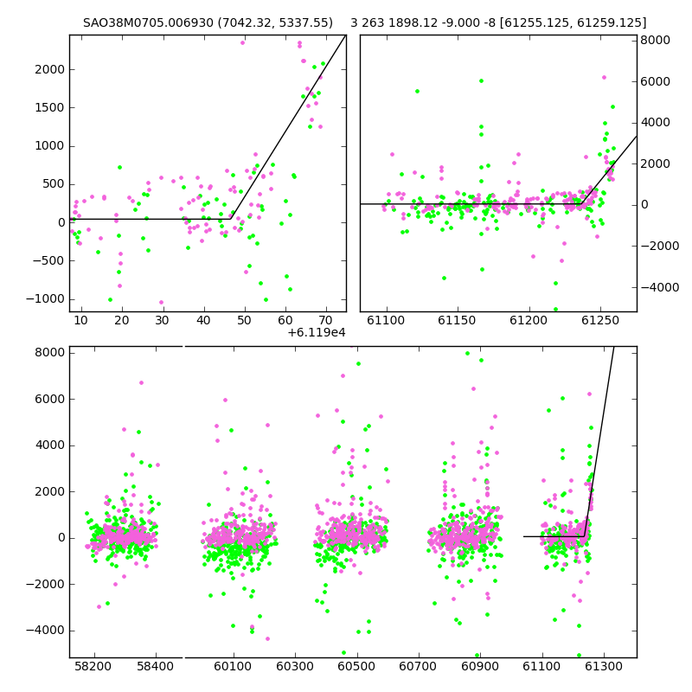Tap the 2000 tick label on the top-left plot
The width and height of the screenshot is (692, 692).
click(x=50, y=70)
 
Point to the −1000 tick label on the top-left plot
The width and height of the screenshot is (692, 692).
click(x=46, y=299)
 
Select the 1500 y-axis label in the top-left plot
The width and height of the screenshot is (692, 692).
click(x=50, y=107)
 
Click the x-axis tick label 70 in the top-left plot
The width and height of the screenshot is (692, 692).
click(x=326, y=320)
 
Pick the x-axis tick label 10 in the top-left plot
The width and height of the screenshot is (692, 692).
click(x=80, y=320)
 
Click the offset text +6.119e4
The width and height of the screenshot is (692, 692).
click(x=317, y=332)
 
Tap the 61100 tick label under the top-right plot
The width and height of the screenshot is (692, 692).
click(x=386, y=320)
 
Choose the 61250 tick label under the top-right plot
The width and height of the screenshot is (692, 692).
click(x=600, y=320)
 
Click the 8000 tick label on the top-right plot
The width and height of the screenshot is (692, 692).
click(x=656, y=40)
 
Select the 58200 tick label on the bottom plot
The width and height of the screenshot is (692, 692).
click(x=93, y=666)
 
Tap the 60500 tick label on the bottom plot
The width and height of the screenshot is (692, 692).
click(x=356, y=666)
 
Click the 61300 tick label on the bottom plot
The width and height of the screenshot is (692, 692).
click(x=603, y=666)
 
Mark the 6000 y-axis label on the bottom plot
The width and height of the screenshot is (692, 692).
click(x=50, y=399)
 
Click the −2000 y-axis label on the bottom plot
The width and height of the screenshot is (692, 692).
click(x=46, y=585)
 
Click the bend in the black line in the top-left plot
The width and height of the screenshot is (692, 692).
click(x=231, y=219)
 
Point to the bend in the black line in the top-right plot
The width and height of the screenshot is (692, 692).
click(x=581, y=204)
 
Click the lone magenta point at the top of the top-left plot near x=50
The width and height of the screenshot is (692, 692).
click(x=242, y=42)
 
